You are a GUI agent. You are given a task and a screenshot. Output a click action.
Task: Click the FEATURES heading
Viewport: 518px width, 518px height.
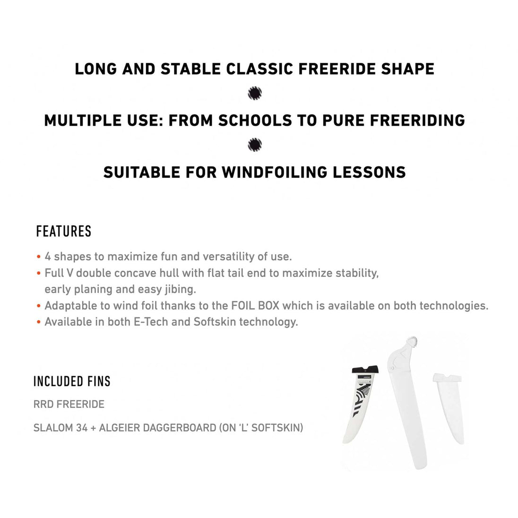pyautogui.click(x=63, y=232)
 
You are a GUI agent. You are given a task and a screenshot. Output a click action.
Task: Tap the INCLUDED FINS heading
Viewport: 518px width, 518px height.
pyautogui.click(x=72, y=381)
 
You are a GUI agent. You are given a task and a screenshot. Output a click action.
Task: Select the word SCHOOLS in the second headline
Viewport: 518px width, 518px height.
pyautogui.click(x=252, y=120)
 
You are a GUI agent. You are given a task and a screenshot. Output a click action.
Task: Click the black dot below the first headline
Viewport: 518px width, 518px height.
pyautogui.click(x=255, y=93)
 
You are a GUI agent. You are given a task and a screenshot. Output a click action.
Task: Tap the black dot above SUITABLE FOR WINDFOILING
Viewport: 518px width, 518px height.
pyautogui.click(x=255, y=144)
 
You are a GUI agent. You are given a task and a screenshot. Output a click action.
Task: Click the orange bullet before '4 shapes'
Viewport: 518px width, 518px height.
pyautogui.click(x=38, y=257)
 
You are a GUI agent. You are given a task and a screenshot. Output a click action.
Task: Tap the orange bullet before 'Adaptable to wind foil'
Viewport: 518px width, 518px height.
pyautogui.click(x=38, y=306)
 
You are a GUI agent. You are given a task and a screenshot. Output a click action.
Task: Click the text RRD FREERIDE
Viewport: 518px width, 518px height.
pyautogui.click(x=69, y=405)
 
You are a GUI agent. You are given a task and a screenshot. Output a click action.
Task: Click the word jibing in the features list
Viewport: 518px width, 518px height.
pyautogui.click(x=180, y=289)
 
